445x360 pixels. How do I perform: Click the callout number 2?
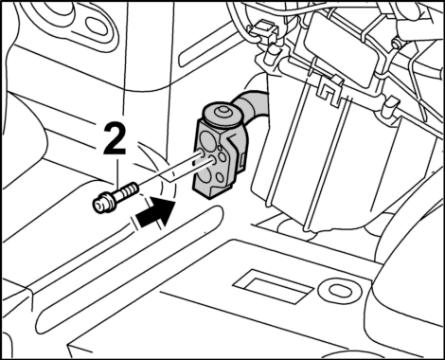point(115,139)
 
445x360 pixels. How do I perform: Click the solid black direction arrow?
point(155,213)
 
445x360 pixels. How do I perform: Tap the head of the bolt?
point(100,206)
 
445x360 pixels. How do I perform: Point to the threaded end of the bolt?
point(130,190)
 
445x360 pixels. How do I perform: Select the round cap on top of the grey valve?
point(221,115)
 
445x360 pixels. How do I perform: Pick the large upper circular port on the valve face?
point(207,139)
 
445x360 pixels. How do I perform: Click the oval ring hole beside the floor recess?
point(335,291)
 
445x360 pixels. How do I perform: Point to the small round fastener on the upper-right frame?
point(395,44)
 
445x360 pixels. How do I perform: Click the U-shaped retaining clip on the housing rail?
point(329,91)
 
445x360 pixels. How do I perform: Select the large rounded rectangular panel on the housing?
point(340,49)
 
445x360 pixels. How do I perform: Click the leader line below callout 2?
point(117,171)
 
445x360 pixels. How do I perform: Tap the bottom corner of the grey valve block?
point(209,198)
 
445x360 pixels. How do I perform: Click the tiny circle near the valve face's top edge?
point(220,148)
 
